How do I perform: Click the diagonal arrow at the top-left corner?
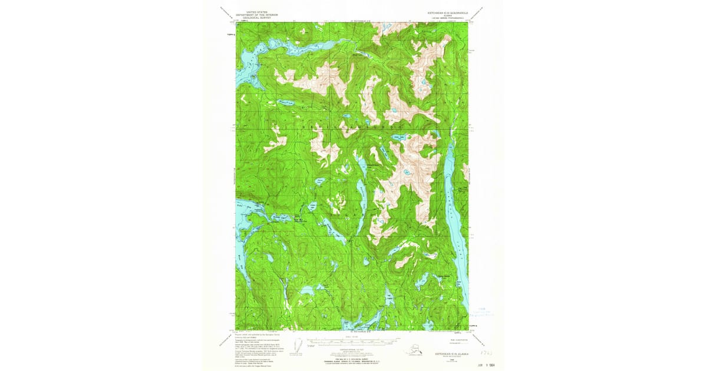pos(226,14)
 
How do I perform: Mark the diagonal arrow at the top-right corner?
pos(481,14)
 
